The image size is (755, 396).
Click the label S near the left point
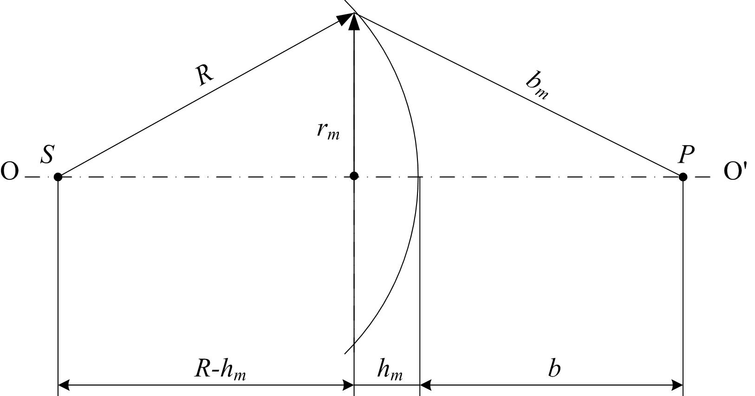pyautogui.click(x=47, y=155)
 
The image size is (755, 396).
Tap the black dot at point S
pyautogui.click(x=58, y=177)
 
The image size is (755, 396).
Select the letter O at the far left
pyautogui.click(x=9, y=172)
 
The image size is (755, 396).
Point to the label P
pyautogui.click(x=686, y=155)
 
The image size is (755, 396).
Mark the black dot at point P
pyautogui.click(x=683, y=177)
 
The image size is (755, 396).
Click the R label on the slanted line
pyautogui.click(x=205, y=74)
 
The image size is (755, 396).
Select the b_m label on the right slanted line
pyautogui.click(x=537, y=87)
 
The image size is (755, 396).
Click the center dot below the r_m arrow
pyautogui.click(x=354, y=176)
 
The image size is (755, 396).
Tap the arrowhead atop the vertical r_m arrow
pyautogui.click(x=354, y=21)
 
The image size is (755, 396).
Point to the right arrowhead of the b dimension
pyautogui.click(x=677, y=385)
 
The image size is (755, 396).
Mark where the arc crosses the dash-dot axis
pyautogui.click(x=418, y=177)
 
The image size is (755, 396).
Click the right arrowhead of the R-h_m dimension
pyautogui.click(x=348, y=385)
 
